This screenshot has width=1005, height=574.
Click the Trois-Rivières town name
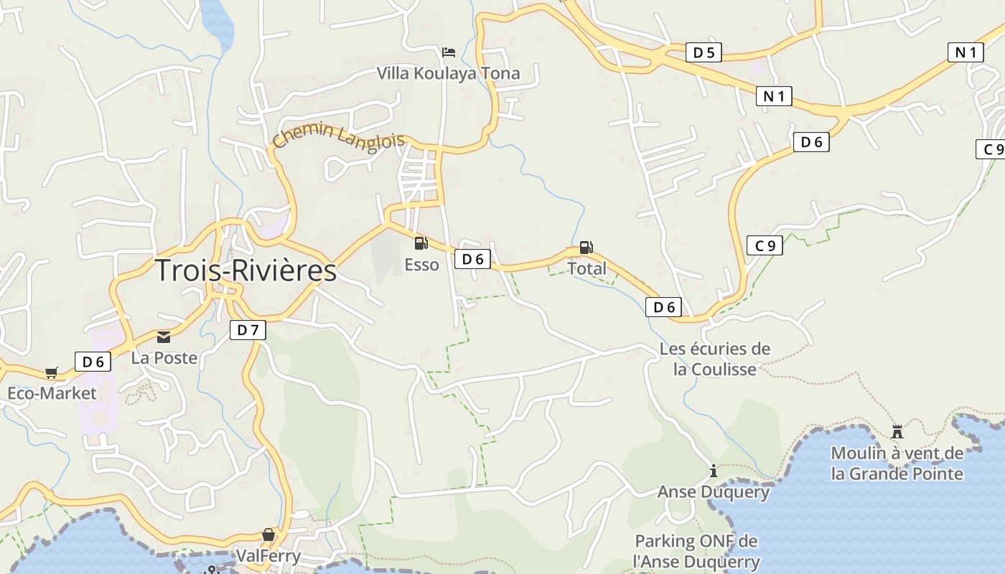pyautogui.click(x=246, y=270)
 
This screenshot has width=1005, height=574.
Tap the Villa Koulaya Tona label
pyautogui.click(x=449, y=73)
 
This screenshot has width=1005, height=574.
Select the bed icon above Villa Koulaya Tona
pyautogui.click(x=449, y=52)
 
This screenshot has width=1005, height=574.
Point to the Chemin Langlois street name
pyautogui.click(x=339, y=136)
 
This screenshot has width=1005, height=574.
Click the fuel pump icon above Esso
pyautogui.click(x=421, y=243)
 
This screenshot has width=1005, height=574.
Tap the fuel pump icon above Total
pyautogui.click(x=586, y=248)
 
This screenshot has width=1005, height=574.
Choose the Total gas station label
pyautogui.click(x=586, y=268)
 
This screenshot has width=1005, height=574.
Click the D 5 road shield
pyautogui.click(x=703, y=52)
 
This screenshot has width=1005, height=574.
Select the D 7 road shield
pyautogui.click(x=248, y=330)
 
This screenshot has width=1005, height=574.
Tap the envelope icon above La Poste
pyautogui.click(x=164, y=337)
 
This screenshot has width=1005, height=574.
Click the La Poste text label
pyautogui.click(x=164, y=357)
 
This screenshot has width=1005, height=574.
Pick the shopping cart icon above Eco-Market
pyautogui.click(x=51, y=372)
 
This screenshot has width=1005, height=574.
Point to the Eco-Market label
pyautogui.click(x=51, y=393)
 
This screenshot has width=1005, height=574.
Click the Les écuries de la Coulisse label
pyautogui.click(x=715, y=359)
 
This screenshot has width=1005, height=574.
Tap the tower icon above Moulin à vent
pyautogui.click(x=897, y=432)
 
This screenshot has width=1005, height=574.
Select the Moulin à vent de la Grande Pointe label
pyautogui.click(x=897, y=463)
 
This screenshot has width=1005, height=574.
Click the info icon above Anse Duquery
pyautogui.click(x=713, y=471)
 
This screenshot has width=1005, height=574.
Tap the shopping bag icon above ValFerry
pyautogui.click(x=268, y=535)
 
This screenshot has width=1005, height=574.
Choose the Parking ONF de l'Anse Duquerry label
pyautogui.click(x=696, y=551)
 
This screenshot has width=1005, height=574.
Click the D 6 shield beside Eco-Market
pyautogui.click(x=93, y=362)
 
